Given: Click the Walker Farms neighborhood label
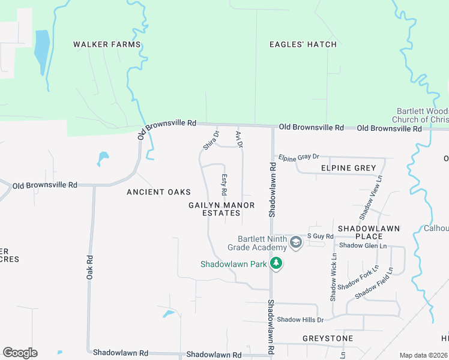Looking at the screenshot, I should coord(107,44).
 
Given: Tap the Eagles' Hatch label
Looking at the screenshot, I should coord(303,44).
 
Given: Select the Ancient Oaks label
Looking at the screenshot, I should coord(158,192).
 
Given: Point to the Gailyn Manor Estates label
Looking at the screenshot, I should coord(221,209).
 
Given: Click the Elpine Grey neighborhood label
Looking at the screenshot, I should coord(349,168).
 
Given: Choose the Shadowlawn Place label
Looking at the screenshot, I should coord(369,233).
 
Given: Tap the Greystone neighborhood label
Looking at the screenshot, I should coord(328,338).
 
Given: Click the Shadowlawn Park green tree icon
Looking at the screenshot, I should coord(276,263).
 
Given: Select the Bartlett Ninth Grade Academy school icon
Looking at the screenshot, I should coord(295,243).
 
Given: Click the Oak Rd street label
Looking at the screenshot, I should coord(89,267).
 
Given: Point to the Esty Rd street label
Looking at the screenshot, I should coord(223,185).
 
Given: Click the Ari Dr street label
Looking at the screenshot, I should coord(239,139).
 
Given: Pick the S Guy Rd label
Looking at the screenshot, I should coord(320,236).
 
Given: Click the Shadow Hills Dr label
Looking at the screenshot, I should coord(300,320).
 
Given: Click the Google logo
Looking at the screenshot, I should coord(20,353).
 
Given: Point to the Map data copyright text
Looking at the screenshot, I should coord(424,355).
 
